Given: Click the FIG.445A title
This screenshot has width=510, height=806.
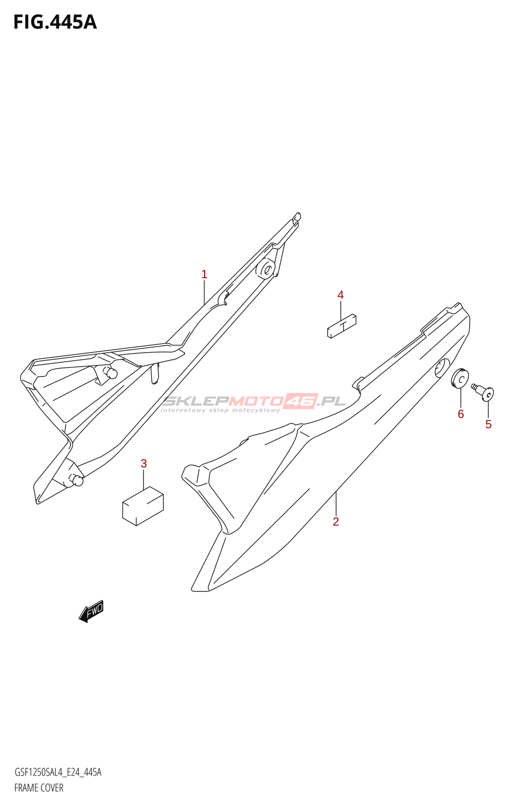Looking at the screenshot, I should click(55, 22).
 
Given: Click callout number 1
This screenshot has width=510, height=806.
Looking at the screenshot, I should click(204, 275).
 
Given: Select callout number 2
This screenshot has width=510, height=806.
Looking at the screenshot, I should click(336, 522).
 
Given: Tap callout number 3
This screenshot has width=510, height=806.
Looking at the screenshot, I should click(144, 463).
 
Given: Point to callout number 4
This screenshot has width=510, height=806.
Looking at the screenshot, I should click(341, 295).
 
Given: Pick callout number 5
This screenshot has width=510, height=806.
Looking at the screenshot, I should click(488, 425).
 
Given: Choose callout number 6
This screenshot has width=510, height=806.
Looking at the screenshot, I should click(461, 414).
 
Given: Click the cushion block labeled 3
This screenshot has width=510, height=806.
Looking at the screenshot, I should click(143, 506).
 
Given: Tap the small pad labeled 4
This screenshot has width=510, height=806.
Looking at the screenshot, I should click(342, 326).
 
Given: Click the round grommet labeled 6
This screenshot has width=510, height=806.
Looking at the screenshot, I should click(460, 379).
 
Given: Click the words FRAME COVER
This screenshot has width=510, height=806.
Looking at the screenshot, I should click(39, 788).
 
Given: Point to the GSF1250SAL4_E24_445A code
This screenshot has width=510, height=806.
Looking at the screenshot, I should click(58, 772).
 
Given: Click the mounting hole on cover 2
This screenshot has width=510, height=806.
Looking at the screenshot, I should click(442, 368).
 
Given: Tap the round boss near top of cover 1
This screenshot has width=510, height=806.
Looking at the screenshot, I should click(266, 269).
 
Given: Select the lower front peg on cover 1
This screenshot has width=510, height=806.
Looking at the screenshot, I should click(77, 481).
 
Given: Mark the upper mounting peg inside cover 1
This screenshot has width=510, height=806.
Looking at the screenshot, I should click(111, 373).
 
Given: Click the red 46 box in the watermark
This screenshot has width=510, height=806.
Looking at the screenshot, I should click(301, 400).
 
